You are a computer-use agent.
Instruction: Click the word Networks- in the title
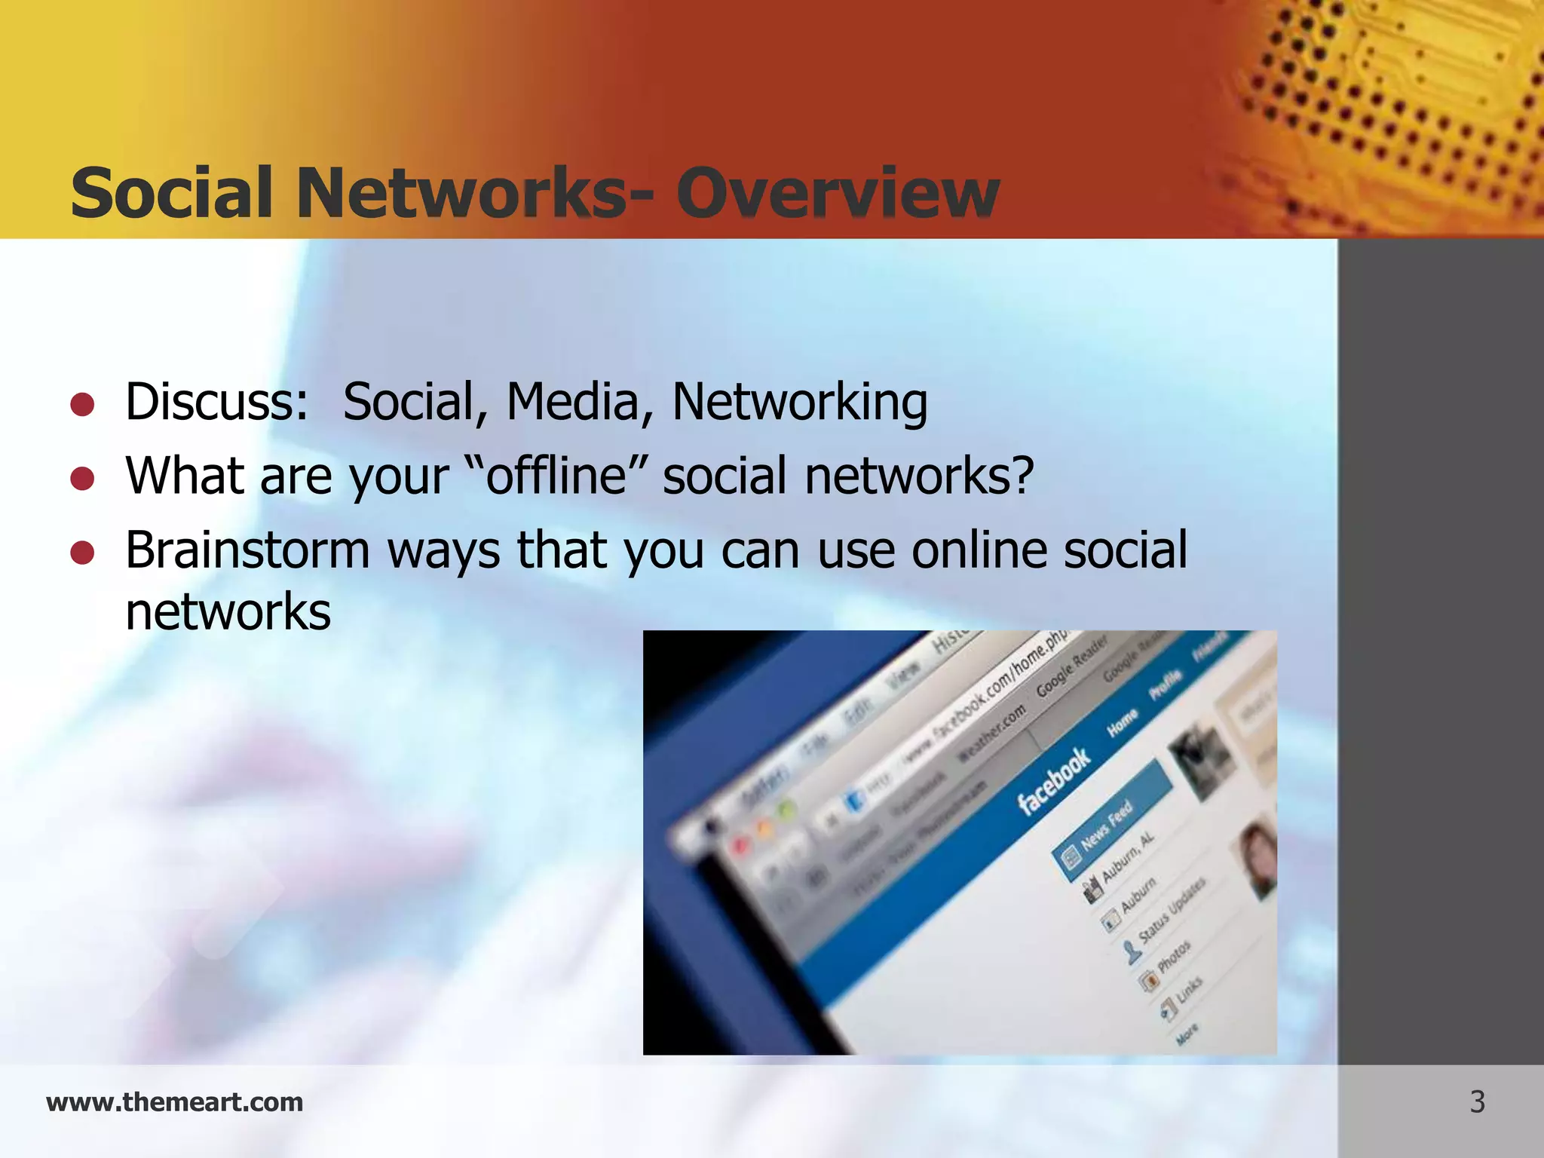(461, 193)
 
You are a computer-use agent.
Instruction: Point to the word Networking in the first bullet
(799, 402)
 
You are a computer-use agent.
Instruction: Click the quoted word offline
(556, 476)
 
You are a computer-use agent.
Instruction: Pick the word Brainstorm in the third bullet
(247, 550)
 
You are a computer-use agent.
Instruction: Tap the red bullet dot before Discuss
(82, 405)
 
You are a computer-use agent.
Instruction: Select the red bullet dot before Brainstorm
(82, 553)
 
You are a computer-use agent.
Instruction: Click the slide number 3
(1477, 1102)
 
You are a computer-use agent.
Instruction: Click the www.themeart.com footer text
(174, 1102)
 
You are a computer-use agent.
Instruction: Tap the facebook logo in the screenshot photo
(1053, 780)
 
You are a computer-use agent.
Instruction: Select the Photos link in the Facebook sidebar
(1173, 956)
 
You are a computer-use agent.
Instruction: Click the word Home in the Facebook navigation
(1122, 723)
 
